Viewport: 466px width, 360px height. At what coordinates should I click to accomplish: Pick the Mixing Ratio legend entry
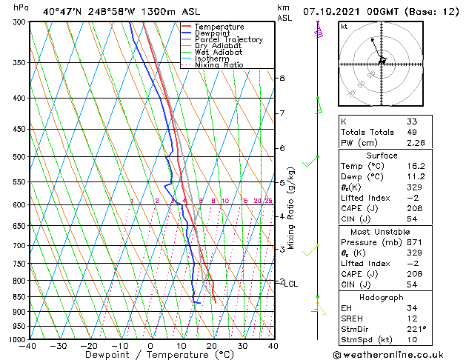[219, 65]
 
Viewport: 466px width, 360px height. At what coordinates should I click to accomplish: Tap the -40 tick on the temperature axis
[28, 346]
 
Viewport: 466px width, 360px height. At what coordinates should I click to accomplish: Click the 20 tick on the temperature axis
[211, 346]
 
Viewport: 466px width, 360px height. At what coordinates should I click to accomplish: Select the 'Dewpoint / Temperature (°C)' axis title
[150, 356]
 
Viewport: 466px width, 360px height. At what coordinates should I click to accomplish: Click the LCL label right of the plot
[291, 284]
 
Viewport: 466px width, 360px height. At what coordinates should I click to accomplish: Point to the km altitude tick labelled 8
[282, 78]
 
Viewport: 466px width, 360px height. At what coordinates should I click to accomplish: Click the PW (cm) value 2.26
[415, 144]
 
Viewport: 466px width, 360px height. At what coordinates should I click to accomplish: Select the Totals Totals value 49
[412, 133]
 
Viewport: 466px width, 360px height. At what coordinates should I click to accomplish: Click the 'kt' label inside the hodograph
[344, 27]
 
